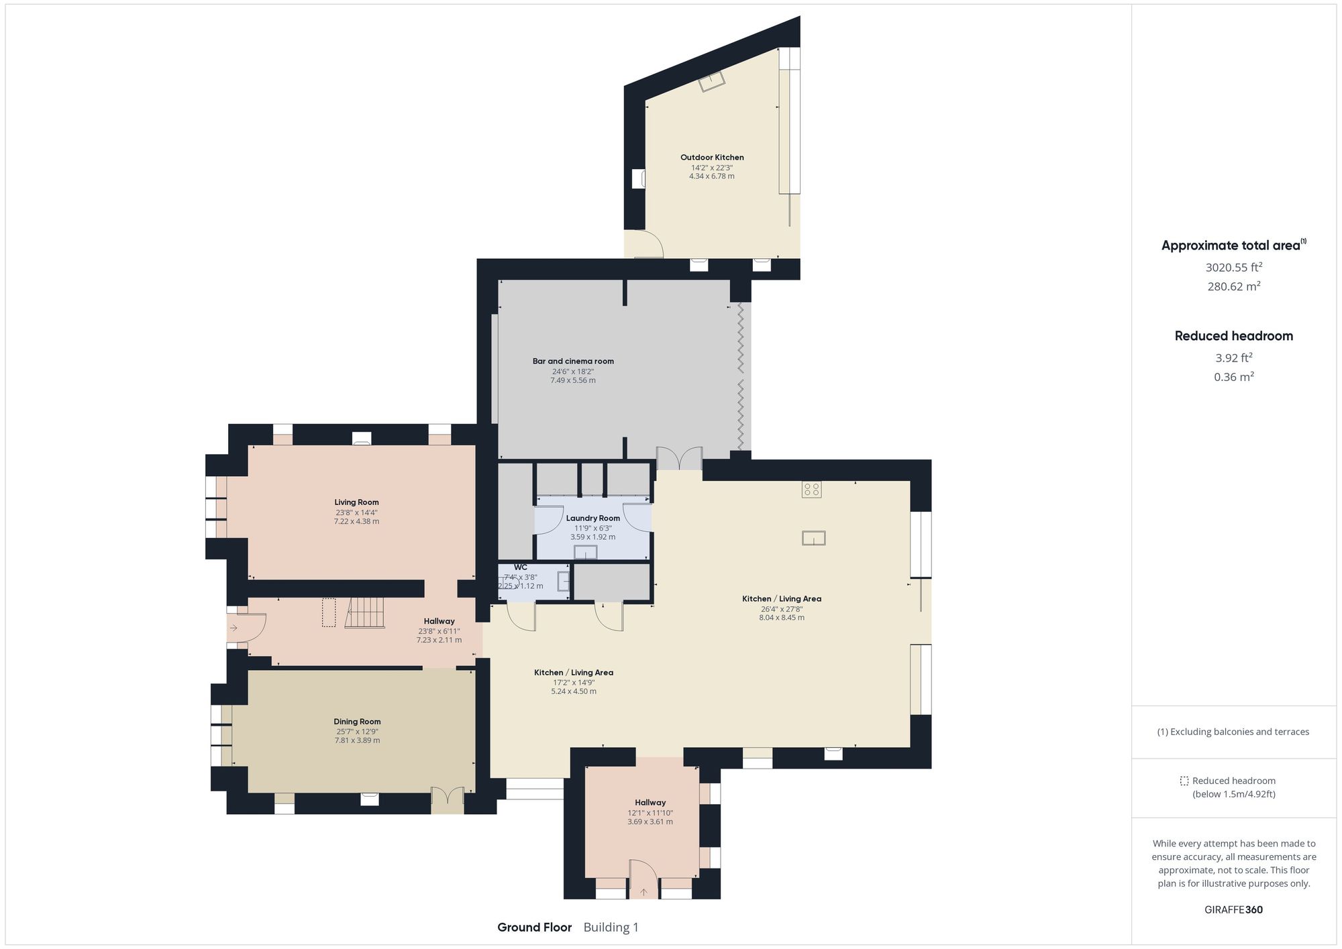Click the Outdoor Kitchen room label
coord(712,158)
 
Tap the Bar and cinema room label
coord(573,361)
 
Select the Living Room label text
coord(356,502)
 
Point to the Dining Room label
coord(357,722)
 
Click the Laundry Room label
coord(592,518)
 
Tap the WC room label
coord(521,567)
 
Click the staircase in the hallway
coord(366,612)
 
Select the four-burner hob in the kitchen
coord(811,490)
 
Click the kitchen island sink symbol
coord(813,538)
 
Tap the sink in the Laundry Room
coord(585,552)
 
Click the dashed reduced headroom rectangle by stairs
coord(328,612)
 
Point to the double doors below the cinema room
coord(679,459)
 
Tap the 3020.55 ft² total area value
coord(1233,268)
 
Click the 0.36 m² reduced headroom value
coord(1233,377)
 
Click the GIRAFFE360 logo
coord(1233,909)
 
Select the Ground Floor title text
coord(534,928)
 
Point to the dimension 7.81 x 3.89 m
coord(357,740)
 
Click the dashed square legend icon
coord(1184,781)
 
